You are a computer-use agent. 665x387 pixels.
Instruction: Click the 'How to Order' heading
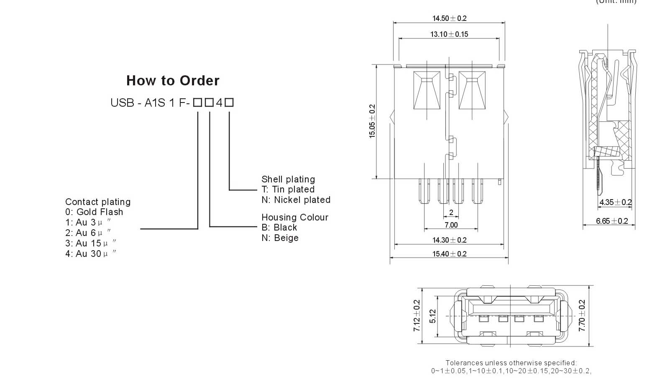pos(173,81)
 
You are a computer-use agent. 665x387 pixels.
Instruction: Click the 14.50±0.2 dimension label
pos(449,18)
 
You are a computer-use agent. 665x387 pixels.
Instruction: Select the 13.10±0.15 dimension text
pos(449,34)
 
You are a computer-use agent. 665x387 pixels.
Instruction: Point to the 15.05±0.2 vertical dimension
pos(372,121)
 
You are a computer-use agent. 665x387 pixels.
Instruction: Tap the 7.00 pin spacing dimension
pos(451,225)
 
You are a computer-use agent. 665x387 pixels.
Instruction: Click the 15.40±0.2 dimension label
pos(449,254)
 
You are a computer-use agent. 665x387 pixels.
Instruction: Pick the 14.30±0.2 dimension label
pos(449,240)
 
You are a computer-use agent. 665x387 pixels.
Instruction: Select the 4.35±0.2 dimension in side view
pos(615,202)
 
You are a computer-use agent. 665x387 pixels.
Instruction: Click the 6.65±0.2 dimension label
pos(612,221)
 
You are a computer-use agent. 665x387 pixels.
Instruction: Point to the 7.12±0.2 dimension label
pos(417,315)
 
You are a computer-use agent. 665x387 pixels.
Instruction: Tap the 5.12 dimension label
pos(433,316)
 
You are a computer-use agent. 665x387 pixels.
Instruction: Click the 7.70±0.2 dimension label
pos(582,315)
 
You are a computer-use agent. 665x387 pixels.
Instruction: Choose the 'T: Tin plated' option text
pos(288,190)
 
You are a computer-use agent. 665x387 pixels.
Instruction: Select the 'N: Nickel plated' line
pos(296,200)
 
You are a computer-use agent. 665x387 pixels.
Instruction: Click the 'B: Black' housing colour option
pos(279,228)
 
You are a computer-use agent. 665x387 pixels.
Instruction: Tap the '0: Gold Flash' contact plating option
pos(94,212)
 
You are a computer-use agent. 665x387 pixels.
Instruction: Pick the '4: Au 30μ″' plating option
pos(91,254)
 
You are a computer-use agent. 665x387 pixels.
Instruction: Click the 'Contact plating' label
pos(98,202)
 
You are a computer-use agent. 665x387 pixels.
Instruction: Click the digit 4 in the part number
pos(219,103)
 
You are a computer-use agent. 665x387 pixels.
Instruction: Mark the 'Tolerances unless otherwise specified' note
pos(511,363)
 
